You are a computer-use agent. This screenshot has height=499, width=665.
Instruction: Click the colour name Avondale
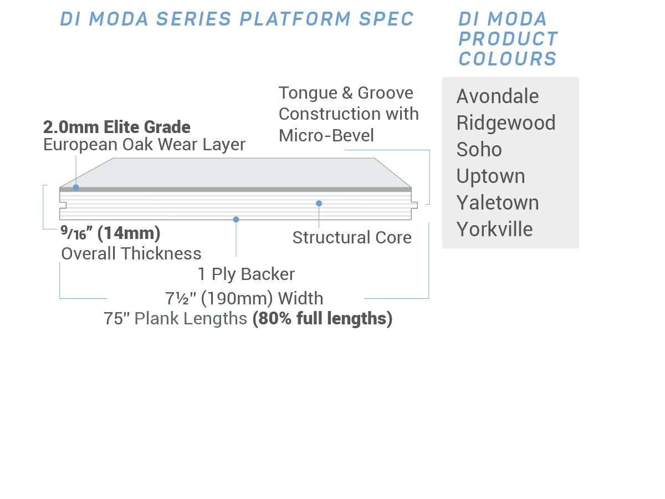pos(498,96)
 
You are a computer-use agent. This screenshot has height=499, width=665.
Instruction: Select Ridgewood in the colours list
pos(506,123)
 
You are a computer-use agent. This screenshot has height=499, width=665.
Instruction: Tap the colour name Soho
pos(479,149)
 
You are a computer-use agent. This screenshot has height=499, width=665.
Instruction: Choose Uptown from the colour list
pos(490,177)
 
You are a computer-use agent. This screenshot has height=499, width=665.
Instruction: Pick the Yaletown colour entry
pos(498,202)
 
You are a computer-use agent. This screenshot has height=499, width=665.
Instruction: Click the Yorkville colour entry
pos(494,229)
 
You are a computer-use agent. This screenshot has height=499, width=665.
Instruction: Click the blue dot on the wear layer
pos(76,187)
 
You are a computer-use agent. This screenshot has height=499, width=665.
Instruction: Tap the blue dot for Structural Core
pos(319,203)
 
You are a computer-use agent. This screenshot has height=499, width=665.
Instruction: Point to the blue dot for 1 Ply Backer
pos(236,220)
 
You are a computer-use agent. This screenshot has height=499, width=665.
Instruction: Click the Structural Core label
pos(352,237)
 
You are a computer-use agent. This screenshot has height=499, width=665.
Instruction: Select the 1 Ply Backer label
pos(246,274)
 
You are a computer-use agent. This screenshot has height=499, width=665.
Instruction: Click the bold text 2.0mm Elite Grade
pos(116,127)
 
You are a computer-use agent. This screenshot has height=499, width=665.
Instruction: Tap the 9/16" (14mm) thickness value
pos(110,233)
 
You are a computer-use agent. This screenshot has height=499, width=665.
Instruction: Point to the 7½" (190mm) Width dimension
pos(244,299)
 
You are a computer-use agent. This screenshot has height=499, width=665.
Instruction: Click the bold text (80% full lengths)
pos(323,319)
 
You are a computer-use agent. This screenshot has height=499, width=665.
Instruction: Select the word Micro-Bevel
pos(326,135)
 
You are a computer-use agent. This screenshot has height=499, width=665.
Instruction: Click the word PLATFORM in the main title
pos(295,19)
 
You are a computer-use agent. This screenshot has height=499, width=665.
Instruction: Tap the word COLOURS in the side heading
pos(508,58)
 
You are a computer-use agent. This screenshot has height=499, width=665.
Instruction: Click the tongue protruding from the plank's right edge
pos(415,205)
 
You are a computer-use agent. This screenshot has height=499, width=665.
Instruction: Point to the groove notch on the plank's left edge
pos(63,205)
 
